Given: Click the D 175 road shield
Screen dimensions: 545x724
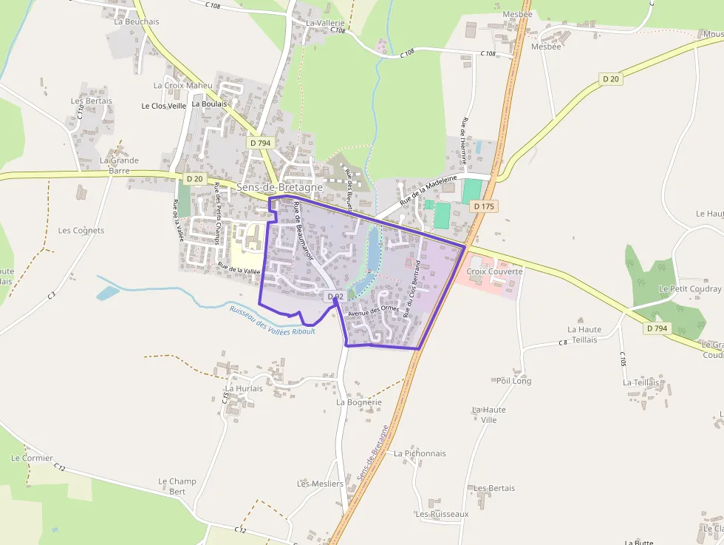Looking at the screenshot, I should click(x=483, y=206).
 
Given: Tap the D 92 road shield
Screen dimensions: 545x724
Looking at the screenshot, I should click(x=335, y=297).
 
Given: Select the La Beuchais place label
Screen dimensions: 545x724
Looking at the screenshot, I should click(x=137, y=21).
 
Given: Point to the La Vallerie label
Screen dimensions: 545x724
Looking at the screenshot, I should click(x=325, y=23).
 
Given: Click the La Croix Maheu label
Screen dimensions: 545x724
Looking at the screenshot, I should click(x=182, y=85).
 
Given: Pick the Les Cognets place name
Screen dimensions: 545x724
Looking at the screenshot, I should click(x=81, y=230).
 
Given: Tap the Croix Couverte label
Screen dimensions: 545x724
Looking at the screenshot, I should click(x=494, y=271).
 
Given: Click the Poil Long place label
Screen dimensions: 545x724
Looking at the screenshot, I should click(x=513, y=381).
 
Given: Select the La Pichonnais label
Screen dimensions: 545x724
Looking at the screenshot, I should click(x=420, y=453).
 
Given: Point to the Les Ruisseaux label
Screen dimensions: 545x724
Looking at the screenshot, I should click(x=442, y=514).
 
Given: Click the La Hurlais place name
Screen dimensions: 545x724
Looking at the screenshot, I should click(x=244, y=388).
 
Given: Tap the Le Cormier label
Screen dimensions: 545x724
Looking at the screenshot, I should click(x=32, y=458).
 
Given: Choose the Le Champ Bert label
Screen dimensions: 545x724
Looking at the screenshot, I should click(x=177, y=486).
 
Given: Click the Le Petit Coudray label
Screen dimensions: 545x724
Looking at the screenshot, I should click(x=690, y=288).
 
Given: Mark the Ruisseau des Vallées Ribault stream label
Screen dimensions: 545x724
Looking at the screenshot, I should click(x=272, y=320).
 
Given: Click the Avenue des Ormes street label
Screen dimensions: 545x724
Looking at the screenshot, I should click(x=373, y=311).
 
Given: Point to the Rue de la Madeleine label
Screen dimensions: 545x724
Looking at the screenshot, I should click(x=428, y=191).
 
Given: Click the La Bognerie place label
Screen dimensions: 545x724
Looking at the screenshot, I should click(x=359, y=402).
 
